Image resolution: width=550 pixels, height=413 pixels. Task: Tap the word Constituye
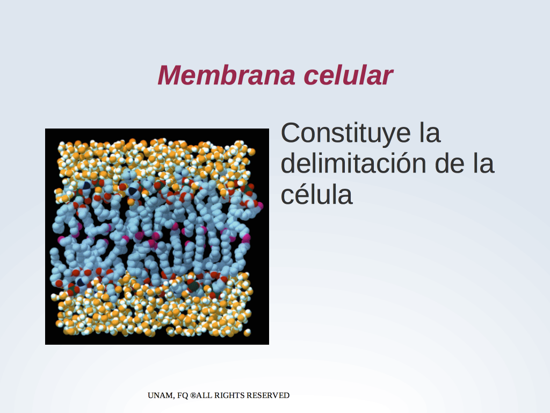coord(346,134)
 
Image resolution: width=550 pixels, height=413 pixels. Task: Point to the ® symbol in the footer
coord(193,395)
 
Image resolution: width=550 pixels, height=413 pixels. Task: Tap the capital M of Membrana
coord(169,75)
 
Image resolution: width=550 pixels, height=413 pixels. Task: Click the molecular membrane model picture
coord(157,237)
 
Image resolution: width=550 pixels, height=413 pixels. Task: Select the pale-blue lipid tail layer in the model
coord(154,236)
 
